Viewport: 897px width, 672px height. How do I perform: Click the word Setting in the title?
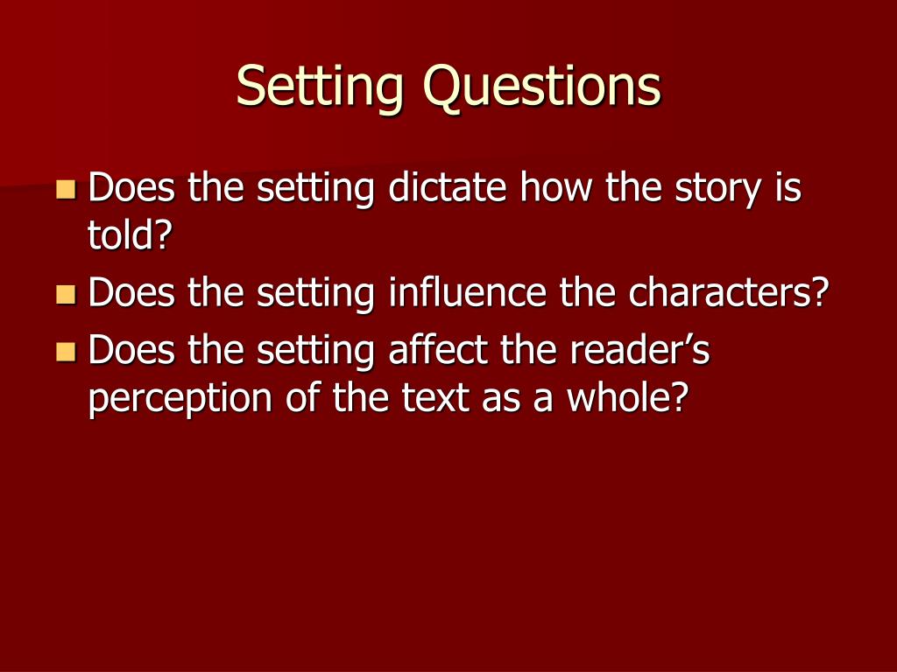coord(321,87)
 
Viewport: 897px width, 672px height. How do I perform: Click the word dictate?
coord(448,188)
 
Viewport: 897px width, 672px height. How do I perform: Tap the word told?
coord(128,236)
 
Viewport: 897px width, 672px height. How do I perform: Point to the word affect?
coord(438,352)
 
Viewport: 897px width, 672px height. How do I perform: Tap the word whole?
coord(625,399)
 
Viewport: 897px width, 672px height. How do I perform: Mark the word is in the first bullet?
coord(786,188)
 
